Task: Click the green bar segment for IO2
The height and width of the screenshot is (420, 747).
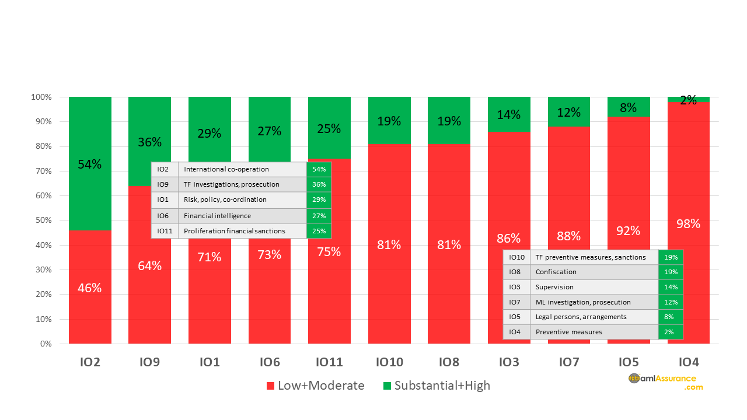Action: tap(90, 134)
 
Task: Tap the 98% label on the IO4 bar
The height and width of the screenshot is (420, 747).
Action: tap(688, 223)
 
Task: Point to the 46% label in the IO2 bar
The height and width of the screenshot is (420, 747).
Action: tap(90, 288)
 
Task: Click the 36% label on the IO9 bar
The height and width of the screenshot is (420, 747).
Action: tap(150, 142)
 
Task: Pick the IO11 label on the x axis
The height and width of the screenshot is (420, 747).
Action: tap(329, 362)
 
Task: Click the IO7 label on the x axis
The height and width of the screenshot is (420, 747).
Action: tap(568, 362)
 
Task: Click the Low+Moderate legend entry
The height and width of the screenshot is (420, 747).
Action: tap(315, 386)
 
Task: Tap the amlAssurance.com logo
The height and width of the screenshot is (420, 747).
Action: tap(666, 381)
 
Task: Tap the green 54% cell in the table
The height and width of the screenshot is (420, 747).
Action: tap(319, 169)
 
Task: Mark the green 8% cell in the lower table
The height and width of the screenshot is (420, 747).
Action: tap(670, 317)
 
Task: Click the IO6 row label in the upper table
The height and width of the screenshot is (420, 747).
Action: tap(165, 216)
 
